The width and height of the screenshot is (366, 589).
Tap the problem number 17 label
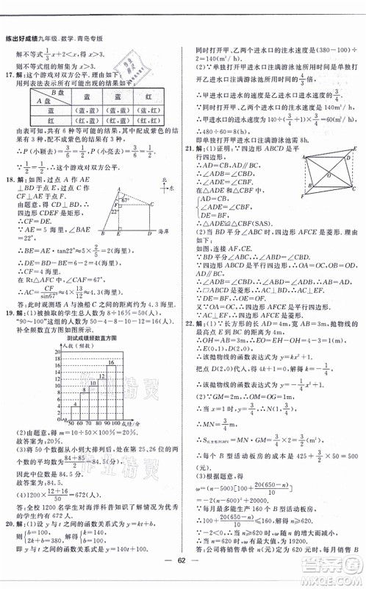pos(10,73)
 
